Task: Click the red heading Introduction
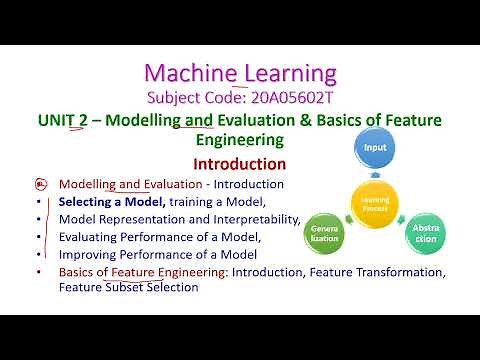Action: pos(239,164)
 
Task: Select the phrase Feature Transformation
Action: pos(383,272)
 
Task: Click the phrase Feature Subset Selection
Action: pos(128,288)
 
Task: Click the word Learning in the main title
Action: pos(289,72)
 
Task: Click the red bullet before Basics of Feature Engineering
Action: pos(40,272)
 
